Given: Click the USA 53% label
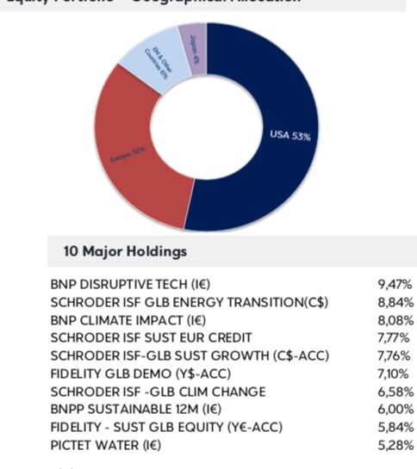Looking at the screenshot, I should (290, 135).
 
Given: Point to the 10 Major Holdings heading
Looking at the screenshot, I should (125, 252).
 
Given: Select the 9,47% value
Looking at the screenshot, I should (394, 283).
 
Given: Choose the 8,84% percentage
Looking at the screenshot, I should (394, 301).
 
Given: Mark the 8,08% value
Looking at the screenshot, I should (394, 319).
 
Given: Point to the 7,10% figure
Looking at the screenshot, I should (394, 373).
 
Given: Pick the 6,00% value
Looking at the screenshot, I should (394, 410).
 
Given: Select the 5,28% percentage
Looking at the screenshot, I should (394, 446).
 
